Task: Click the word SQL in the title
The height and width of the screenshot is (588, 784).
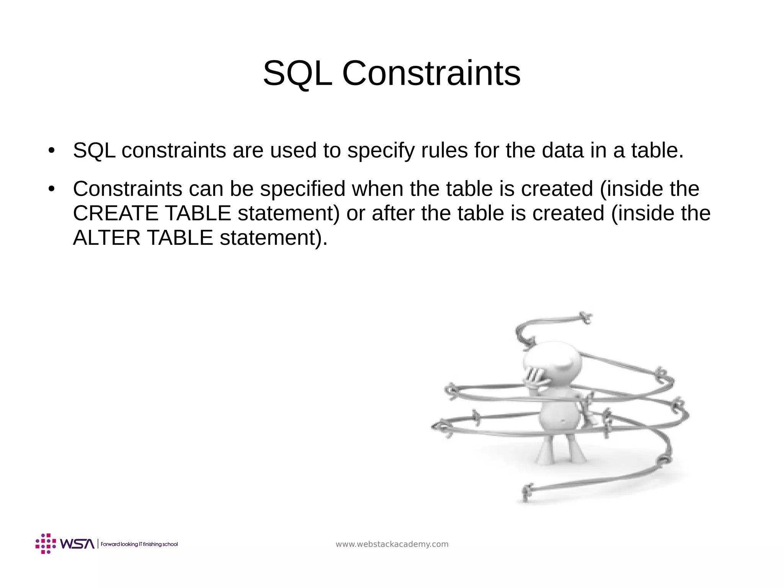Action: (297, 74)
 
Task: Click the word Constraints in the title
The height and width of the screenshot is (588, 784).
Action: (431, 74)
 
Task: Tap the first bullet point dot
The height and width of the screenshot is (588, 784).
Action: (52, 151)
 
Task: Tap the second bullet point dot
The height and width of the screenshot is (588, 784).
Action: (52, 189)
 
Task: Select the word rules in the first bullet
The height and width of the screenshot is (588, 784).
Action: (444, 151)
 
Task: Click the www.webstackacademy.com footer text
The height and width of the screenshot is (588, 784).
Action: (392, 544)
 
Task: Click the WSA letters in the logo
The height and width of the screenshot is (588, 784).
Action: (77, 544)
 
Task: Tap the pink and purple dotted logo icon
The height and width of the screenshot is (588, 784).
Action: (46, 544)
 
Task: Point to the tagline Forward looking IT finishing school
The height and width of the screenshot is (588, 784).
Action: (139, 544)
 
